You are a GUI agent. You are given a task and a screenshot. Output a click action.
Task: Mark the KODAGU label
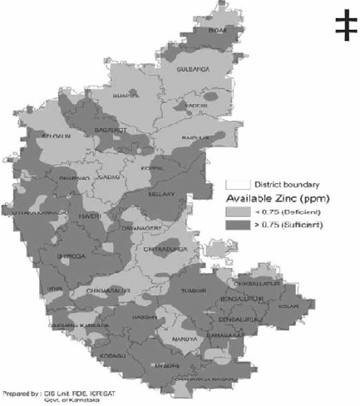point(107,355)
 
